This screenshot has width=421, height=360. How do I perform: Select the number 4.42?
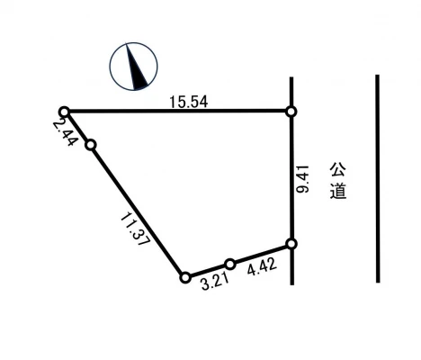coord(261,267)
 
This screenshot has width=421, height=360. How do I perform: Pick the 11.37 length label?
coord(136,230)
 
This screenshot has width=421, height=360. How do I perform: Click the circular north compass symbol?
coord(133,67)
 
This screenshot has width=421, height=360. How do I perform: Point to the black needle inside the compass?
coord(137,71)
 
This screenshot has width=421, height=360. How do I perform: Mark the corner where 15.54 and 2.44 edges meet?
coord(64,111)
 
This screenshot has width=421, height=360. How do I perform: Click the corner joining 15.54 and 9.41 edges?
coord(291,111)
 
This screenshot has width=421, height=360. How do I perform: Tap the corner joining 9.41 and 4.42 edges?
coord(291,244)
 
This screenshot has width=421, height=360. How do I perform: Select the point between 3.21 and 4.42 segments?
coord(230,264)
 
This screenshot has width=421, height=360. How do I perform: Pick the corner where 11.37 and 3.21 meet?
coord(184,277)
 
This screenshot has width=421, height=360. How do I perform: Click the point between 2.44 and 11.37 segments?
coord(89,144)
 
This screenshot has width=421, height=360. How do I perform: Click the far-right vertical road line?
coord(377,180)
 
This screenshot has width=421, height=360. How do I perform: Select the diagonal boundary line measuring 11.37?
coord(137,211)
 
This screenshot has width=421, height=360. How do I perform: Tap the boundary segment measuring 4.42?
coord(261,254)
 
